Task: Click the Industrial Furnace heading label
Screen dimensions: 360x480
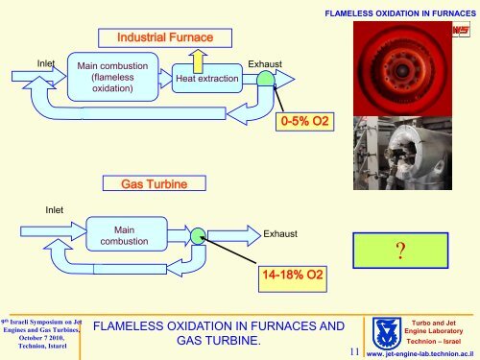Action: [164, 37]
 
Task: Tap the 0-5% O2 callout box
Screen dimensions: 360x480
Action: [304, 122]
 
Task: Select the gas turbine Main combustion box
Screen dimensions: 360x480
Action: [124, 236]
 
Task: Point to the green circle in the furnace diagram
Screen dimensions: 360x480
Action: [265, 82]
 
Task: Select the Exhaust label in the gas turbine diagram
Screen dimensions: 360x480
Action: [279, 233]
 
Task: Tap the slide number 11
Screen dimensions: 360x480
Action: [355, 348]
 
